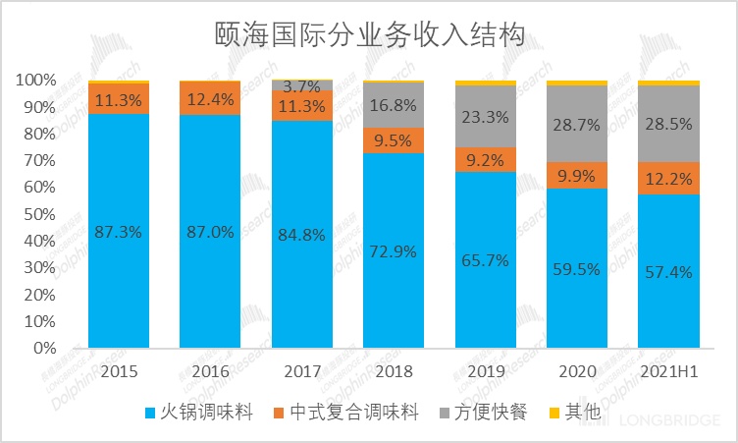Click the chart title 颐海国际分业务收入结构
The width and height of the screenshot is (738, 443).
369,36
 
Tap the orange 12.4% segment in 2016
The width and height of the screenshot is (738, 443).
210,98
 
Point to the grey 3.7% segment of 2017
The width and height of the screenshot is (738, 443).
302,85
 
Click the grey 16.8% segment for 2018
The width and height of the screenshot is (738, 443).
394,105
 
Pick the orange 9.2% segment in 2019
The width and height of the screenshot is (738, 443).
485,160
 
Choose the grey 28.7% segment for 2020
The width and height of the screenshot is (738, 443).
577,126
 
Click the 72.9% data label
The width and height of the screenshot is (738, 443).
394,250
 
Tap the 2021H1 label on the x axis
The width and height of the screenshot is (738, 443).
669,373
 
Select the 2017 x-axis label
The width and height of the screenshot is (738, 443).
302,373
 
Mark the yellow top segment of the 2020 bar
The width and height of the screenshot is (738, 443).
577,83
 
